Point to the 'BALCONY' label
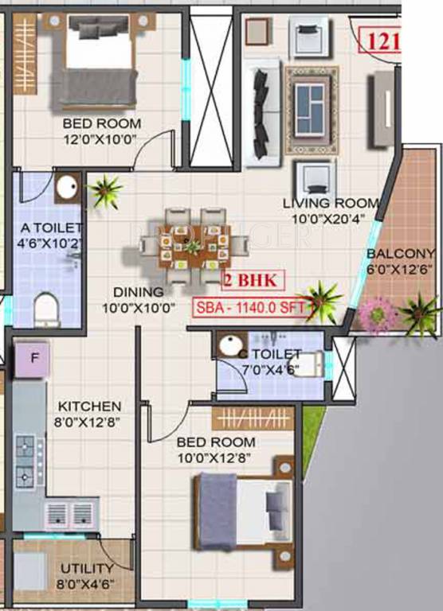[x=401, y=255]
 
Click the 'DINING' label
[x=138, y=292]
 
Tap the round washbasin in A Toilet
[x=65, y=189]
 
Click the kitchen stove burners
[x=25, y=461]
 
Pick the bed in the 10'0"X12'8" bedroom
[x=239, y=512]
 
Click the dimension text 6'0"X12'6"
[x=401, y=269]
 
